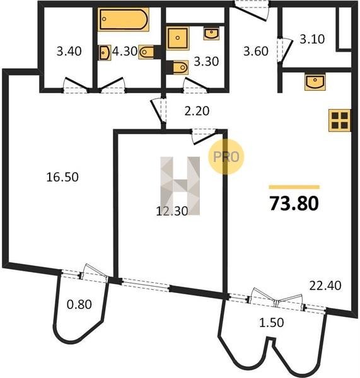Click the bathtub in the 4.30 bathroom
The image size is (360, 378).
124,20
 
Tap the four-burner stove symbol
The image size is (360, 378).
339,120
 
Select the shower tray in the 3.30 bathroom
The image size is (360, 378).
178,38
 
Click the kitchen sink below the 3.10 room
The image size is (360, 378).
315,82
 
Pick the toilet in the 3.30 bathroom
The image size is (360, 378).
178,67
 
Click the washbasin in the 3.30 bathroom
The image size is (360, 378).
211,33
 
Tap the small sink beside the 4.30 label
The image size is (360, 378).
105,52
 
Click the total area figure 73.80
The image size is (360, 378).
294,203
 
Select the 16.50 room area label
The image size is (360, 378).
62,177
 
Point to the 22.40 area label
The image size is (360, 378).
325,285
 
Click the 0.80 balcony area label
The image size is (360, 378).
79,304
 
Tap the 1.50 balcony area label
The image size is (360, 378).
272,323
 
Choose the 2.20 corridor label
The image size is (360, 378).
197,111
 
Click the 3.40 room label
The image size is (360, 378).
69,52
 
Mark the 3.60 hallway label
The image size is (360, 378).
256,52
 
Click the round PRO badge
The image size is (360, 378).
226,157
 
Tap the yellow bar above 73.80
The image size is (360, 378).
294,187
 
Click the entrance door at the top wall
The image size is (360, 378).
252,11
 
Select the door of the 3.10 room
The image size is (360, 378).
285,51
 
